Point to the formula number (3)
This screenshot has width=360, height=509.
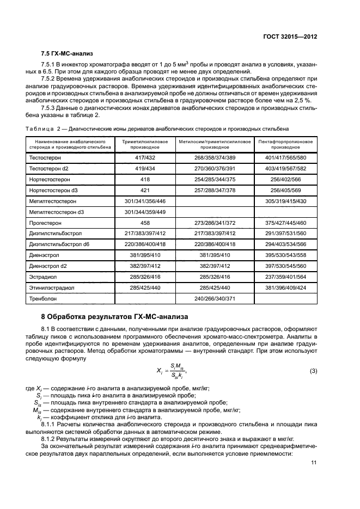313,371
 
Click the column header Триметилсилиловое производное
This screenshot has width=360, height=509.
145,144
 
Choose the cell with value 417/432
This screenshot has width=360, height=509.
145,157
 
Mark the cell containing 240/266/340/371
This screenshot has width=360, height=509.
215,298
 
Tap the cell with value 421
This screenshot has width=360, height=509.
145,189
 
